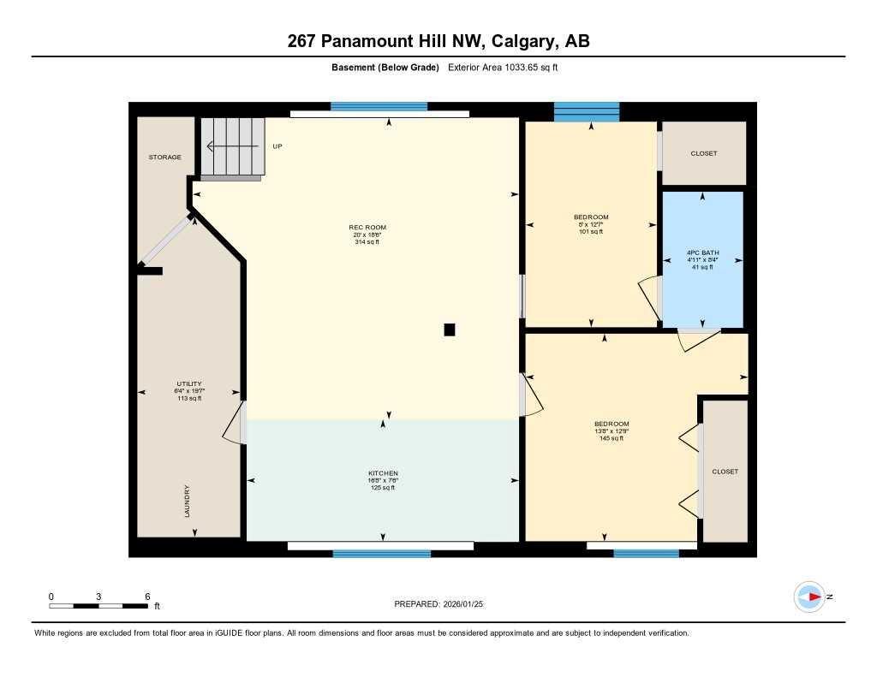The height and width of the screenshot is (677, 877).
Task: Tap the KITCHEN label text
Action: (383, 473)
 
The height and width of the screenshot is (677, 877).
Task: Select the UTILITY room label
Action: (189, 384)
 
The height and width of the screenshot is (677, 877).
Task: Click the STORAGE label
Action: (164, 157)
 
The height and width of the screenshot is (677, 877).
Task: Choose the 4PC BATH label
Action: (702, 253)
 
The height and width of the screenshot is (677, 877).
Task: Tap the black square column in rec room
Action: (450, 330)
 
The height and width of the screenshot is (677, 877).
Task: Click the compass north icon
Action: (808, 597)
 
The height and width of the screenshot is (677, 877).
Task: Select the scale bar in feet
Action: (98, 606)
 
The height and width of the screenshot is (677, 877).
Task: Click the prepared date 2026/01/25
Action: (444, 604)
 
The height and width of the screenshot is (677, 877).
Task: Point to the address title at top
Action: (438, 42)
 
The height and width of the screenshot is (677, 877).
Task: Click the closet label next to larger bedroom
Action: (725, 472)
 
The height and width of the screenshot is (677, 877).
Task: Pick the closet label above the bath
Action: (704, 153)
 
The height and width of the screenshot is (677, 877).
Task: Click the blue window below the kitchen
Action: (382, 554)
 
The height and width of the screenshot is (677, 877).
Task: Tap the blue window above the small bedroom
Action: (587, 111)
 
